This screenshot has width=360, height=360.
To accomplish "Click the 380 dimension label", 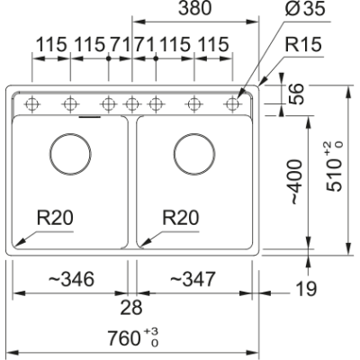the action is point(195,8).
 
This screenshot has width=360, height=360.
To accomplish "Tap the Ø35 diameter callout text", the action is point(305,8).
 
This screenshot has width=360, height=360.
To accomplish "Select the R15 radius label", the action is point(303,44).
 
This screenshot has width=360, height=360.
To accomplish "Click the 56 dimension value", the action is point(297,94).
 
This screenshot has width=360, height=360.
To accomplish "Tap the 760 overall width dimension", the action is point(133,337).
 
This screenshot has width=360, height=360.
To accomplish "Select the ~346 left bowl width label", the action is point(71,279).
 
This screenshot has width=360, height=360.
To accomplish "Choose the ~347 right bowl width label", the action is point(193,279).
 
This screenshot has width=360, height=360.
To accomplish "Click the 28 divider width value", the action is point(131,308).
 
